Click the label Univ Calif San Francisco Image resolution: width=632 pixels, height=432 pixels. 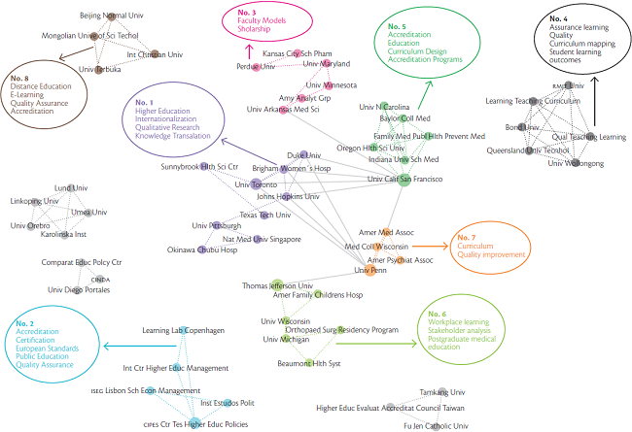(404, 178)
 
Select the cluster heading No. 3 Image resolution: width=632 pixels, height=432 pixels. (240, 12)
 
